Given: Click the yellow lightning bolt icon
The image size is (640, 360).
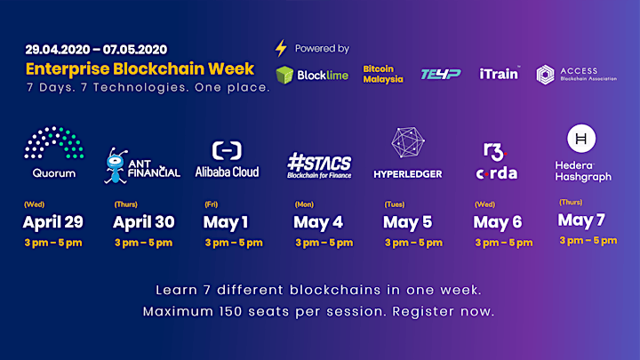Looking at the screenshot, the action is click(281, 48).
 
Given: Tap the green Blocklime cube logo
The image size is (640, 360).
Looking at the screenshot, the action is click(284, 75).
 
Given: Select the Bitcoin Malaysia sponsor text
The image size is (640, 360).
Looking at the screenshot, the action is click(383, 74).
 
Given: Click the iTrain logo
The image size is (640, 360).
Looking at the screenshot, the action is click(500, 74).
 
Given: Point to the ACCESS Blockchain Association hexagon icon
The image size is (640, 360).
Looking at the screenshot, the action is click(545, 75).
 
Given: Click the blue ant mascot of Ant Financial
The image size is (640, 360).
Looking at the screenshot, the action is click(116, 165).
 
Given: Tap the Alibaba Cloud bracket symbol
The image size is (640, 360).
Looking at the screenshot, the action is click(227, 150).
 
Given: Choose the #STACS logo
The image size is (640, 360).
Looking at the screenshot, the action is click(319, 165).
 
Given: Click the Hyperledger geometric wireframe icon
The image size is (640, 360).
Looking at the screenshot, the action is click(408, 142).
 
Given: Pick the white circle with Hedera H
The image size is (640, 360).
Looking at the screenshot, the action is click(581, 139).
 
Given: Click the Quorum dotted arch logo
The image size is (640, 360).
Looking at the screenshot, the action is click(54, 142).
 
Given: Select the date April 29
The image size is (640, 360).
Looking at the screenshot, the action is click(53, 222).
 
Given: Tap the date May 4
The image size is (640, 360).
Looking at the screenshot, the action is click(318, 222).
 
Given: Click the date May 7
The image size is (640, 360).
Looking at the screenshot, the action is click(581, 220).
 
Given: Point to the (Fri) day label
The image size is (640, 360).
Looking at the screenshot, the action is click(211, 204).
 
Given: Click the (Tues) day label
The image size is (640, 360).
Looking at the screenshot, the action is click(395, 204).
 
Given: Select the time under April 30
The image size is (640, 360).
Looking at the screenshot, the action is click(143, 243).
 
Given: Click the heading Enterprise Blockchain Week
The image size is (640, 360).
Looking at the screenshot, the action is click(140, 68).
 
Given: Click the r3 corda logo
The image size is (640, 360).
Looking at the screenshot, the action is click(497, 161).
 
